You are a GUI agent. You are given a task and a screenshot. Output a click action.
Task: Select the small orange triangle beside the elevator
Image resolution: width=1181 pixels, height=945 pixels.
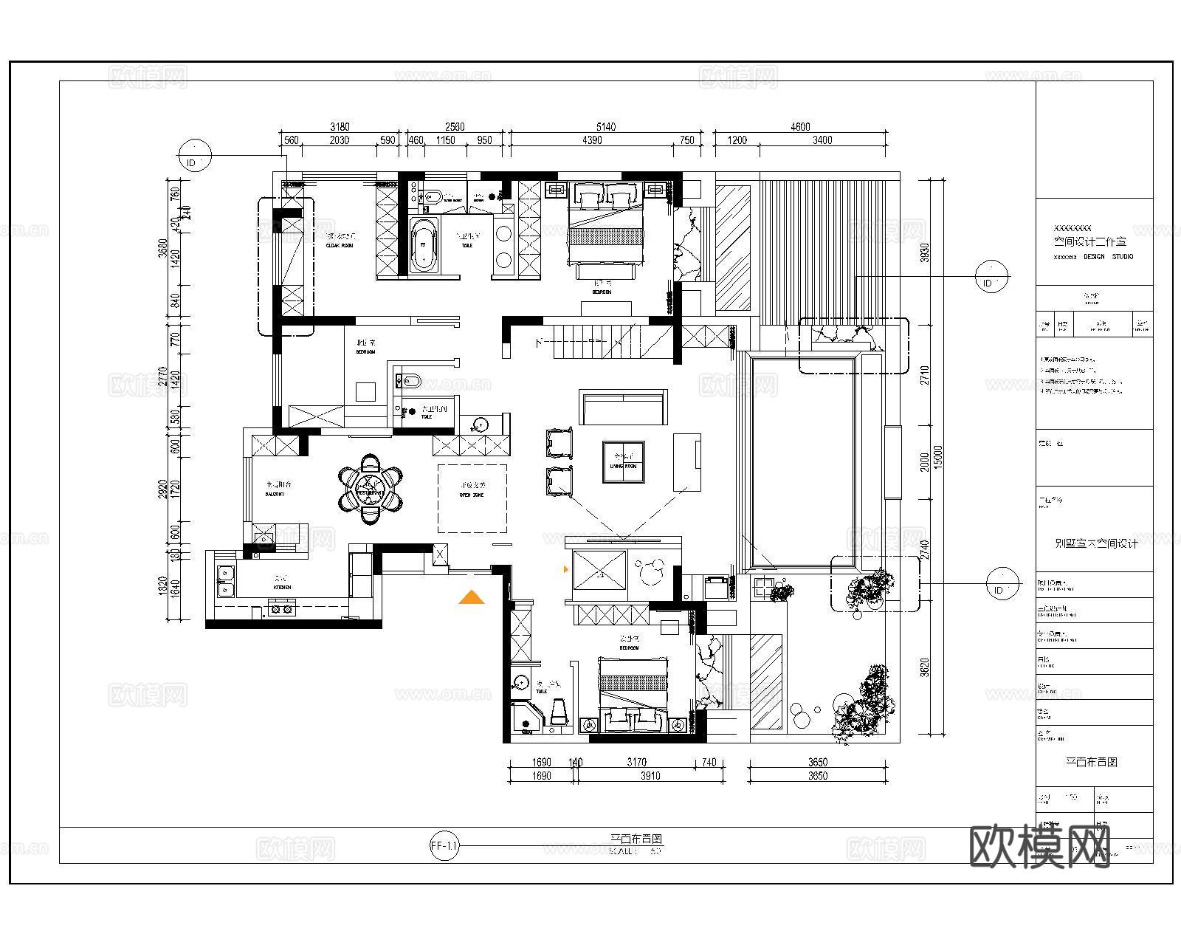pos(566,569)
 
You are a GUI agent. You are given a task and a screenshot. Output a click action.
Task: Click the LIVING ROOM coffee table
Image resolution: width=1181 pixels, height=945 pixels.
pos(624,462)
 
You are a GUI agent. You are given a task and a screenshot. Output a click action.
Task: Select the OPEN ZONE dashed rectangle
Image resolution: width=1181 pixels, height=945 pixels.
pos(472,498)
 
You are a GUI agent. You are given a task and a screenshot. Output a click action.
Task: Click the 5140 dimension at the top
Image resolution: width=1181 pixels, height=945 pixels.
pos(605,127)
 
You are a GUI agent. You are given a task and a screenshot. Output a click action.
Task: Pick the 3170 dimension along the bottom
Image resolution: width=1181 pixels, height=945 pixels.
pos(636,762)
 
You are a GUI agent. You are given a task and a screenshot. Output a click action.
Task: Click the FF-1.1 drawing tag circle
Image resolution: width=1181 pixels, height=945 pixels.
pos(444,846)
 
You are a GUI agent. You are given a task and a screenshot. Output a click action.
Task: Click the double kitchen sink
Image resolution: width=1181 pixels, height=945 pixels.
pos(224,580)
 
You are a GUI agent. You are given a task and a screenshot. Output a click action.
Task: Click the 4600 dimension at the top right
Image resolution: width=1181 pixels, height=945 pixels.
pos(800,127)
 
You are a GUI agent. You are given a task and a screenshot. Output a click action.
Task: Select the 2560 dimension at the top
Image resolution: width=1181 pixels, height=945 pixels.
pos(455,127)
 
